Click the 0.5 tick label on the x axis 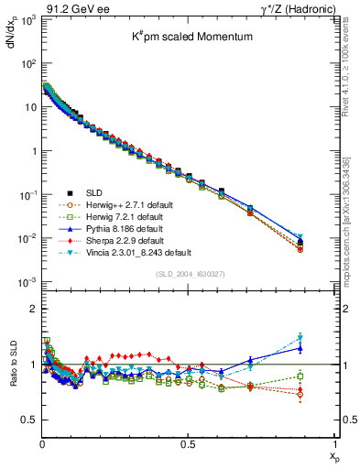[189, 445]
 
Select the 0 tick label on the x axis [42, 445]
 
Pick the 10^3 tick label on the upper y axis [28, 21]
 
